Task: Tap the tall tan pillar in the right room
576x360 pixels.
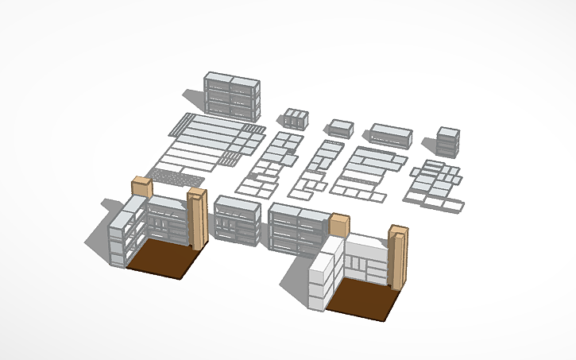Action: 398,256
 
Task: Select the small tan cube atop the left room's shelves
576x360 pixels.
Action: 142,188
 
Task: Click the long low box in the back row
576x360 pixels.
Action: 390,136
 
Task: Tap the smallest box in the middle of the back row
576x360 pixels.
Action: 340,128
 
